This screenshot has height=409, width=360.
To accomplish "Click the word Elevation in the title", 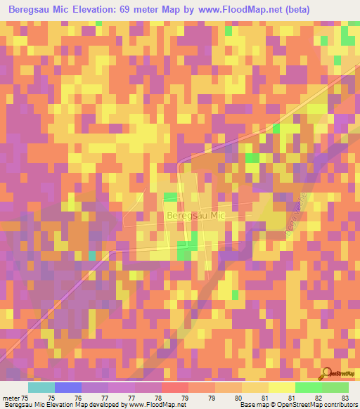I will click(x=98, y=10).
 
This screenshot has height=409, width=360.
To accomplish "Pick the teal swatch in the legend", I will click(x=41, y=387).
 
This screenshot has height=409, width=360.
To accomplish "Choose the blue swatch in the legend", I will click(x=68, y=387).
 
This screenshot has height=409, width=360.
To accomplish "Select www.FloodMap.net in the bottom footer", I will click(x=150, y=405).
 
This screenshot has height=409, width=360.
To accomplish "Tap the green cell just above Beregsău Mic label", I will click(x=169, y=197).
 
